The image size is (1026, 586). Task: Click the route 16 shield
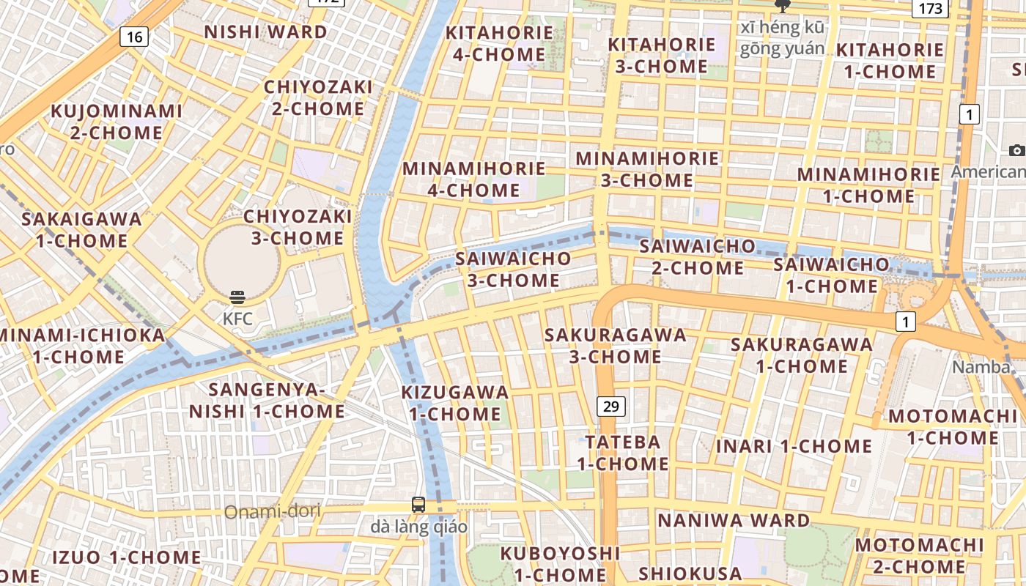pyautogui.click(x=133, y=37)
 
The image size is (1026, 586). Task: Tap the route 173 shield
pyautogui.click(x=930, y=9)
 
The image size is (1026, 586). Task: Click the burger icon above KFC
pyautogui.click(x=237, y=297)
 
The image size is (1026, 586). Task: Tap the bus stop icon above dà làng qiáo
pyautogui.click(x=418, y=504)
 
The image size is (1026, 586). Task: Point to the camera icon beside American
pyautogui.click(x=1016, y=150)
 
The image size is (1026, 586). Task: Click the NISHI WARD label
pyautogui.click(x=265, y=32)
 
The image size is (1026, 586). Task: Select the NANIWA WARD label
pyautogui.click(x=733, y=521)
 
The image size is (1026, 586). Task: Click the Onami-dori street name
pyautogui.click(x=272, y=511)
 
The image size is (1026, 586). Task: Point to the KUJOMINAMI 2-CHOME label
pyautogui.click(x=117, y=122)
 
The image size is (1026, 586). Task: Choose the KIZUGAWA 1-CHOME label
pyautogui.click(x=455, y=403)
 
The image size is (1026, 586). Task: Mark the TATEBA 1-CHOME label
pyautogui.click(x=623, y=453)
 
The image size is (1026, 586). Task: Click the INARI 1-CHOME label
pyautogui.click(x=794, y=446)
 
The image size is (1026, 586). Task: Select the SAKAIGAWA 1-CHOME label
pyautogui.click(x=81, y=229)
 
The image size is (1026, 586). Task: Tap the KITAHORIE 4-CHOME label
pyautogui.click(x=499, y=43)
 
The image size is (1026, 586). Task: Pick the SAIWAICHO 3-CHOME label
pyautogui.click(x=513, y=269)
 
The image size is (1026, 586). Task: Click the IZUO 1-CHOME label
pyautogui.click(x=126, y=557)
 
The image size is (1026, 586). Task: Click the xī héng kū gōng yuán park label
pyautogui.click(x=782, y=38)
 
